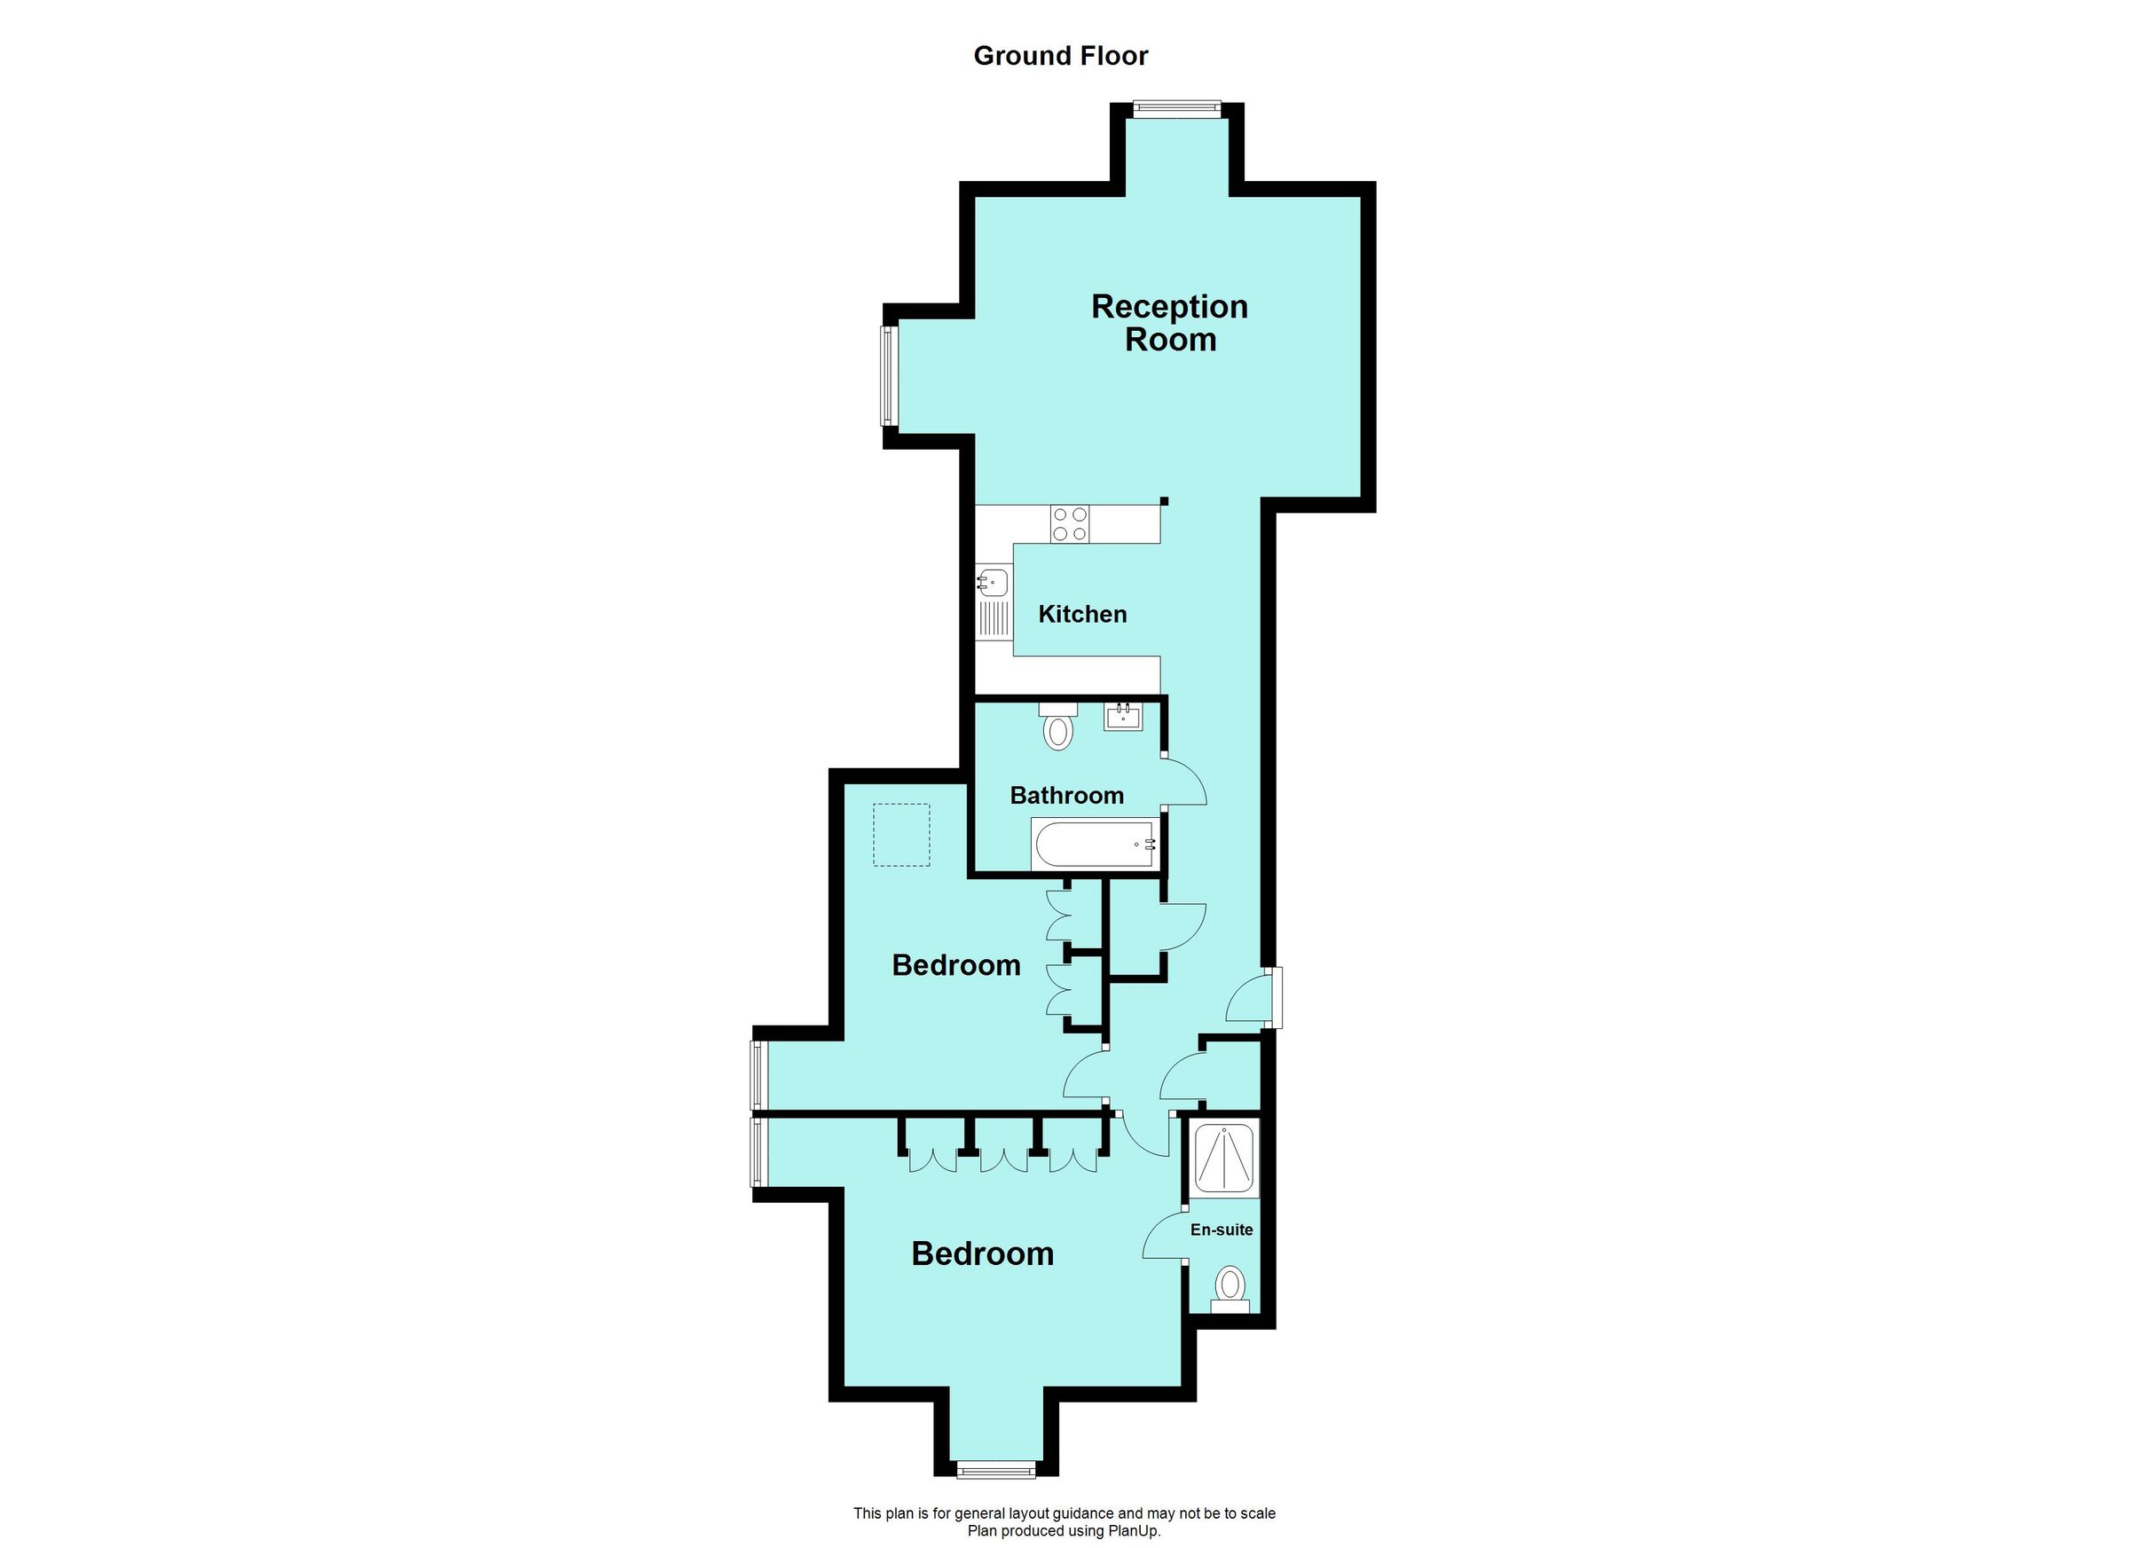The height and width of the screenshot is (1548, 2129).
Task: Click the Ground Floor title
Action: (1061, 56)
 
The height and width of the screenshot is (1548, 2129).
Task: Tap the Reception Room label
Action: (1170, 323)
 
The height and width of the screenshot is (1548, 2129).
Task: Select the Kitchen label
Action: (1082, 614)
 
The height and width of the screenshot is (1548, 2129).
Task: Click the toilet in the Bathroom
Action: (1058, 727)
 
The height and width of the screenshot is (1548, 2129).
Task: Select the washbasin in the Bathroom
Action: (1123, 719)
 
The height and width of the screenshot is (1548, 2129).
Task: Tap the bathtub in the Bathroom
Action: (1095, 845)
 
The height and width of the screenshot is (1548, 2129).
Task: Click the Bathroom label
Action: (1066, 795)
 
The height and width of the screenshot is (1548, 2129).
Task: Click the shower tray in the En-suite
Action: (1224, 1159)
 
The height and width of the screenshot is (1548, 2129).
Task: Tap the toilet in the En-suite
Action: (1229, 1288)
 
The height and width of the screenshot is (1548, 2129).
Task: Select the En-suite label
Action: (1222, 1230)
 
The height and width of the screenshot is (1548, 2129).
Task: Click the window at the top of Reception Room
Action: (1176, 108)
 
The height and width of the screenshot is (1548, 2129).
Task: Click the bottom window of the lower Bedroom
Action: (996, 1469)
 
